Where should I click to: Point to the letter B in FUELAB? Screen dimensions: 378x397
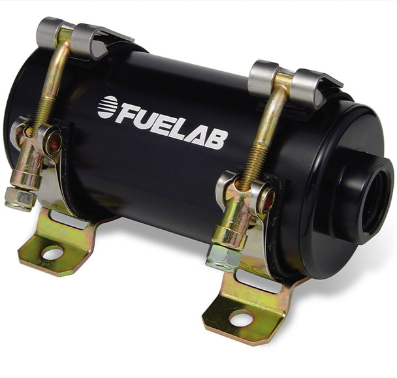(x=216, y=138)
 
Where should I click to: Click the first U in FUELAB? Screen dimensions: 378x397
(x=145, y=118)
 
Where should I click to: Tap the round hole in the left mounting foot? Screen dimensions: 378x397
(x=52, y=252)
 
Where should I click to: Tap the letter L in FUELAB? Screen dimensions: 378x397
(x=179, y=129)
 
